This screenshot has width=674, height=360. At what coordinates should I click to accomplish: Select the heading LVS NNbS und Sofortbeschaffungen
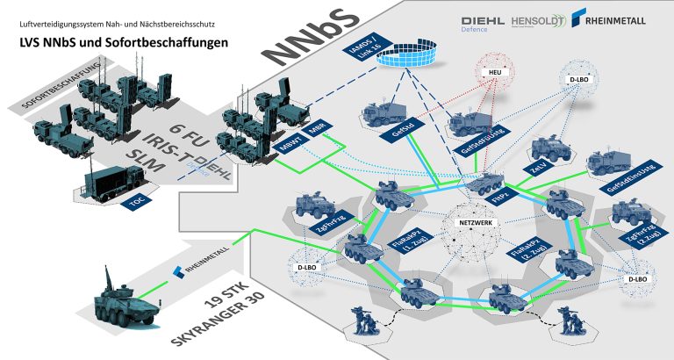[x=112, y=41]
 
